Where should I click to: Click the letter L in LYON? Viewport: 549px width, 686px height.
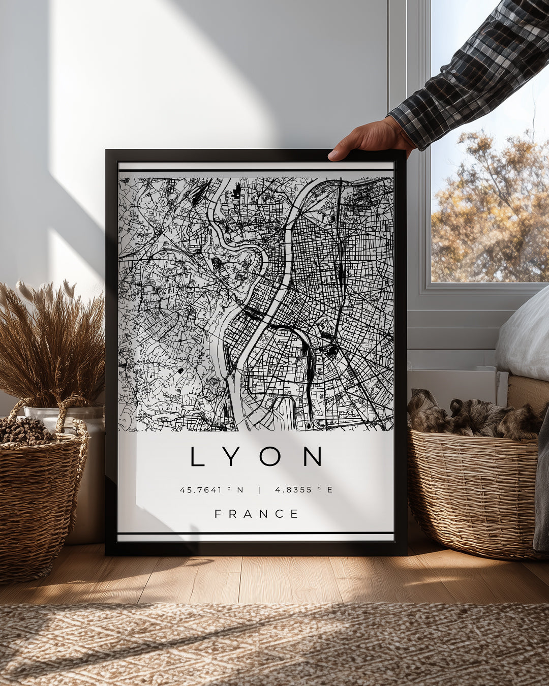(x=197, y=456)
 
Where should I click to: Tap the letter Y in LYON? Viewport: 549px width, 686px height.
(x=231, y=456)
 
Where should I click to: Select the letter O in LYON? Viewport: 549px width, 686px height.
(x=269, y=456)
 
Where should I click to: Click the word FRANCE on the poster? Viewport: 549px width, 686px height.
(x=256, y=514)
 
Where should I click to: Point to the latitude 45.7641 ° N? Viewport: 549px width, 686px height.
(x=211, y=490)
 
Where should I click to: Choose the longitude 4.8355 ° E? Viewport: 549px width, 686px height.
(x=303, y=490)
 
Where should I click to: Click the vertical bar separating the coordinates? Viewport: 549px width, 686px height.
(x=259, y=490)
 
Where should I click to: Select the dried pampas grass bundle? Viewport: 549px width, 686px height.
(x=51, y=340)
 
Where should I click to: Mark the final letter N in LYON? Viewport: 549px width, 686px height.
(x=313, y=456)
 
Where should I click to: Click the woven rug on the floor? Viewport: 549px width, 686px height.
(x=274, y=645)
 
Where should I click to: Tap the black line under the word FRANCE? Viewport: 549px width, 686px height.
(x=256, y=533)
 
